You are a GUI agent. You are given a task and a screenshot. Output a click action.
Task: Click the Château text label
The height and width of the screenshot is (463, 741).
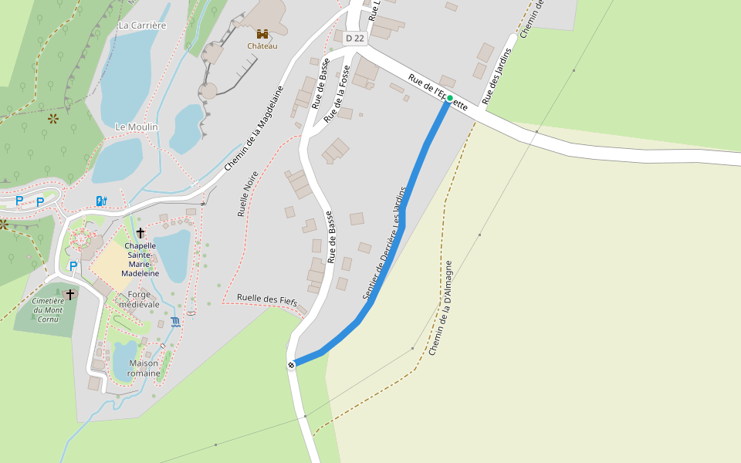tap(262, 46)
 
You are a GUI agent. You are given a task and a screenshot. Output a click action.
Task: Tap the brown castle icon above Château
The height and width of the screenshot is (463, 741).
tap(262, 34)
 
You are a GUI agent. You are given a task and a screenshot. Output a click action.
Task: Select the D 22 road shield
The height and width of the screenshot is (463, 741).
tap(354, 38)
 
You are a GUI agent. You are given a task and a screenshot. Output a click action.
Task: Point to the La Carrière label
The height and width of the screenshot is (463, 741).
tap(142, 25)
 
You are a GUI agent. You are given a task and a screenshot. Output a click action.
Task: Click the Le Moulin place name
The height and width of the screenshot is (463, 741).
tap(137, 127)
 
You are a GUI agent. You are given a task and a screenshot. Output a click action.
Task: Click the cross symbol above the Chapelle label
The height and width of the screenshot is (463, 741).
tap(140, 232)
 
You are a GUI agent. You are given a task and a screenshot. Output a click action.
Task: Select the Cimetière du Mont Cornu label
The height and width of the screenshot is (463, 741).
tap(48, 309)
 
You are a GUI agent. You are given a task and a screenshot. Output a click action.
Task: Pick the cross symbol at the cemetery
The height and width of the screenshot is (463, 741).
tap(69, 294)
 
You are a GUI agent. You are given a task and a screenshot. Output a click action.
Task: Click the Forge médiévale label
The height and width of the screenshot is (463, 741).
tap(139, 299)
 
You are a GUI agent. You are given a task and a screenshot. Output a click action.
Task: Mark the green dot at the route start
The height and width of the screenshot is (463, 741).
tap(450, 98)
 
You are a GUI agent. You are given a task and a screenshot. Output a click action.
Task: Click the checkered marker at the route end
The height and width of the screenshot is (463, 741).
tap(291, 365)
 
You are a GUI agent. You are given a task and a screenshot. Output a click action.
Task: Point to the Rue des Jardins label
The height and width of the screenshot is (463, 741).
tap(497, 76)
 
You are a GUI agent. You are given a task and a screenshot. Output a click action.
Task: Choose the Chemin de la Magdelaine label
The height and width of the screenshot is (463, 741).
tap(254, 129)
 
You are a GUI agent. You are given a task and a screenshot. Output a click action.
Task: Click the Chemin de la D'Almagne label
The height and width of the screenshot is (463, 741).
tap(439, 308)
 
